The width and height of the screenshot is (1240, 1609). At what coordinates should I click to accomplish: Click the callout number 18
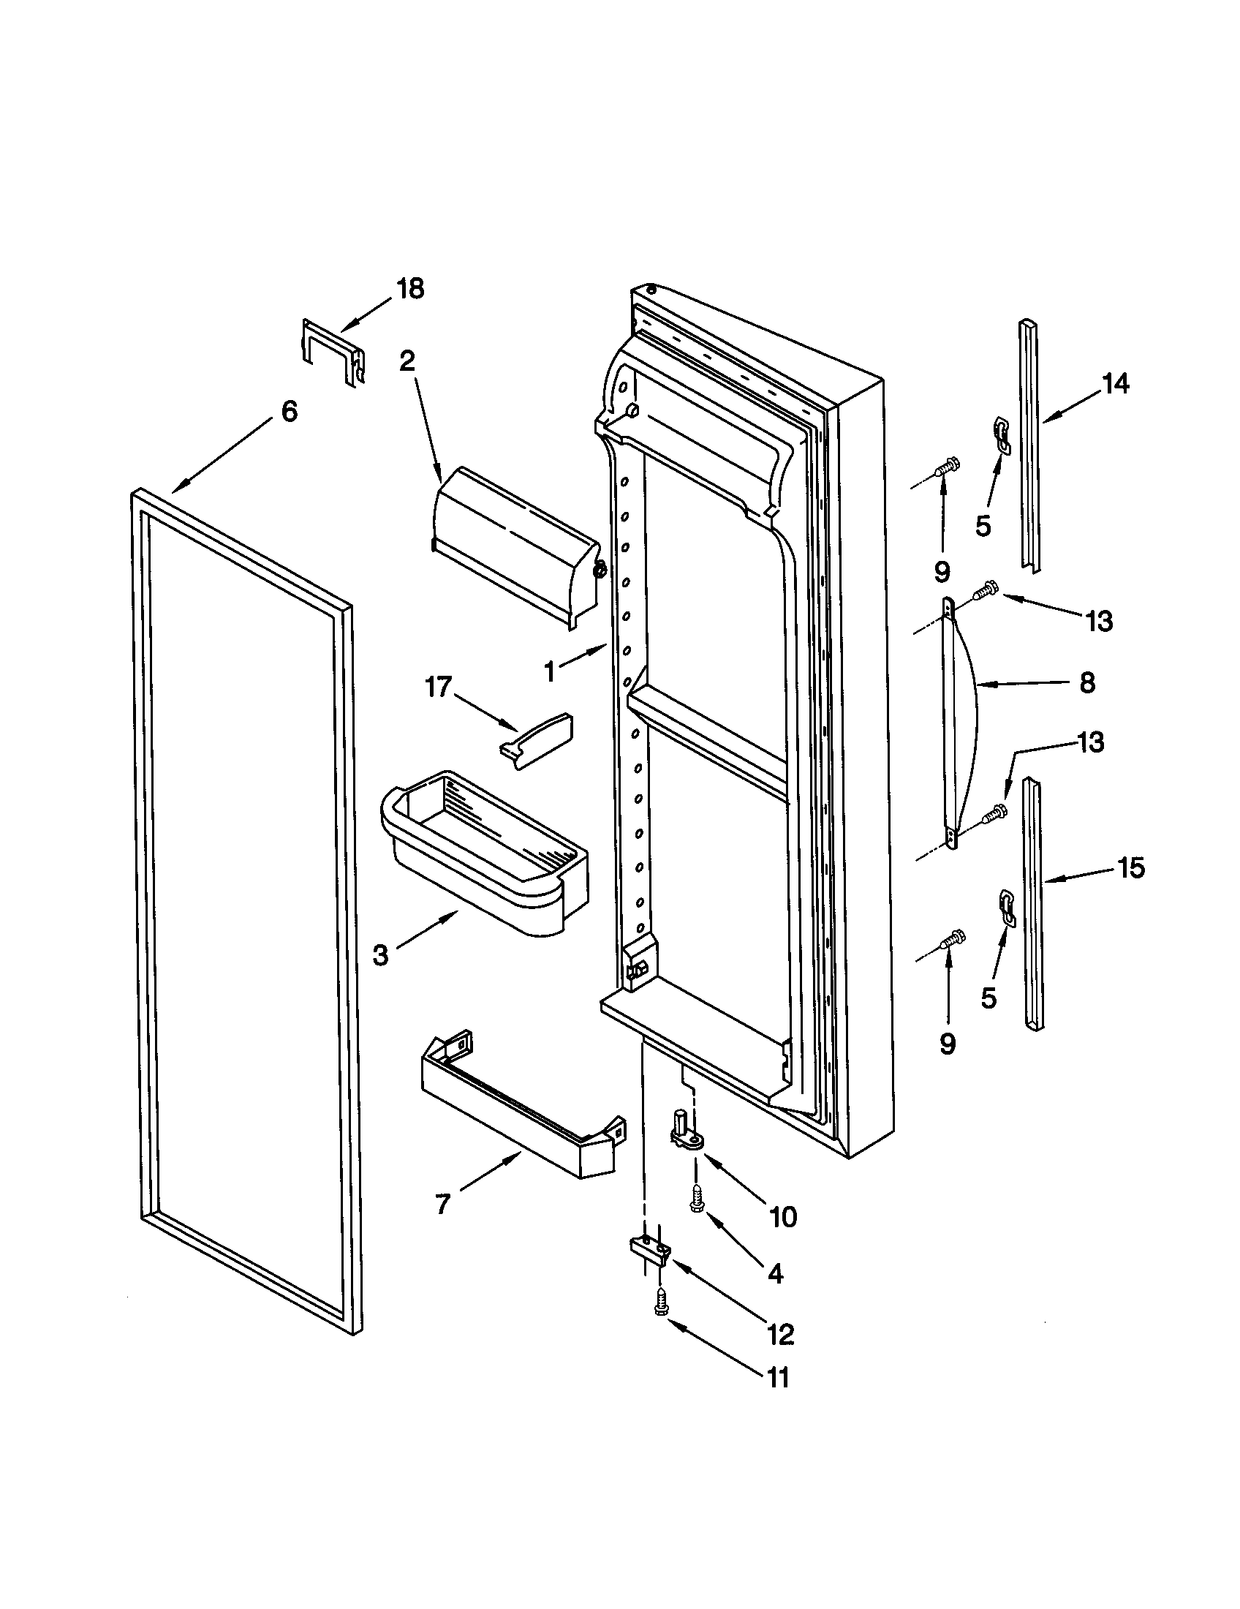pyautogui.click(x=410, y=289)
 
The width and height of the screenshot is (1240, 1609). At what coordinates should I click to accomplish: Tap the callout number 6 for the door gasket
pyautogui.click(x=290, y=411)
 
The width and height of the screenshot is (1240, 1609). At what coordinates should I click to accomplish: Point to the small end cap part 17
pyautogui.click(x=535, y=739)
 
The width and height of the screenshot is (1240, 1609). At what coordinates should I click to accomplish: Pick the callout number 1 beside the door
pyautogui.click(x=549, y=671)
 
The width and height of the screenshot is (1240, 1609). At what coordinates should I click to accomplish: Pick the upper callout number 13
pyautogui.click(x=1099, y=621)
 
